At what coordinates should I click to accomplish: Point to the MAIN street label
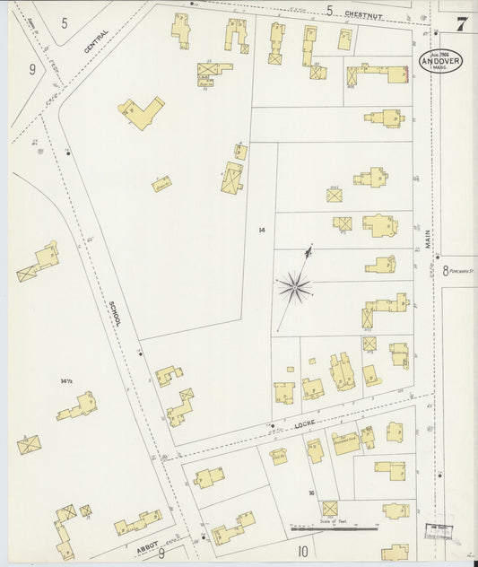[428, 240]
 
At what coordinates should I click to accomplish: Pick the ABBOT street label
[146, 545]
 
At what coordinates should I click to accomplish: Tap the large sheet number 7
[460, 24]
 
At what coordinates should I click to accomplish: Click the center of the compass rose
[294, 287]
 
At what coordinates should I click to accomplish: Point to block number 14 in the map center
[261, 231]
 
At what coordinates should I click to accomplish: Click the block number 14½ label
[65, 382]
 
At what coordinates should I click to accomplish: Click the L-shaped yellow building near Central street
[142, 112]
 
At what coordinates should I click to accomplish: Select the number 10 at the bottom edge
[302, 551]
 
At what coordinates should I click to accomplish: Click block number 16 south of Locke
[311, 493]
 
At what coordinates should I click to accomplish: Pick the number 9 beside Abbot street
[161, 553]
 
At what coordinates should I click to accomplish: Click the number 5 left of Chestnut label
[329, 11]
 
